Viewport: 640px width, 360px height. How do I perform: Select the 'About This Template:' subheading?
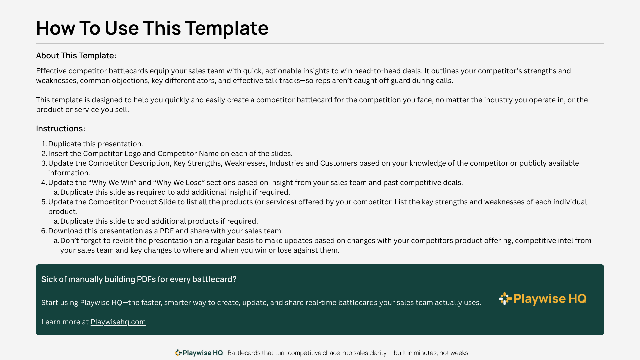[x=76, y=56]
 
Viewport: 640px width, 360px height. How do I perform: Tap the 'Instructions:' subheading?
[x=61, y=129]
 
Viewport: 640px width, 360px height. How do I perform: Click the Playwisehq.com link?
[x=118, y=322]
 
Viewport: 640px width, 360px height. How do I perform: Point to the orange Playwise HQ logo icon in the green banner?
[x=505, y=299]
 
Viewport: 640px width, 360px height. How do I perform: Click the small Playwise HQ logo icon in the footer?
[x=178, y=353]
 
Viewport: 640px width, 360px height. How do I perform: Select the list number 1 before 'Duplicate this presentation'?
[x=44, y=144]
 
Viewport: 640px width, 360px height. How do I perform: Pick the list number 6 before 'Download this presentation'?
[x=44, y=231]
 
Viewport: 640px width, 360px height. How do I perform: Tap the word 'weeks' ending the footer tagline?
[x=459, y=353]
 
